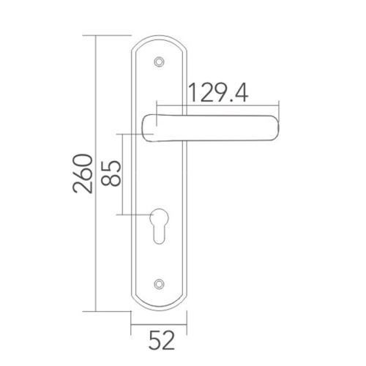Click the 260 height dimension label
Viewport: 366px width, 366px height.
pos(83,173)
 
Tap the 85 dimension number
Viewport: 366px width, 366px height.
pos(111,173)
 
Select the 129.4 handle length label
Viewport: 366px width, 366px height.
pos(218,93)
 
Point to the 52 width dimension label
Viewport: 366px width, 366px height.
pos(162,340)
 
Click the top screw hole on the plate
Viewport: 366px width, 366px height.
pos(159,61)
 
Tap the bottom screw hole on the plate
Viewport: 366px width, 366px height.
pos(159,284)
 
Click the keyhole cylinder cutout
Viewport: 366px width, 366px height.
pos(159,226)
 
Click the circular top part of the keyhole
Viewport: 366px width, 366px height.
pos(159,217)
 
